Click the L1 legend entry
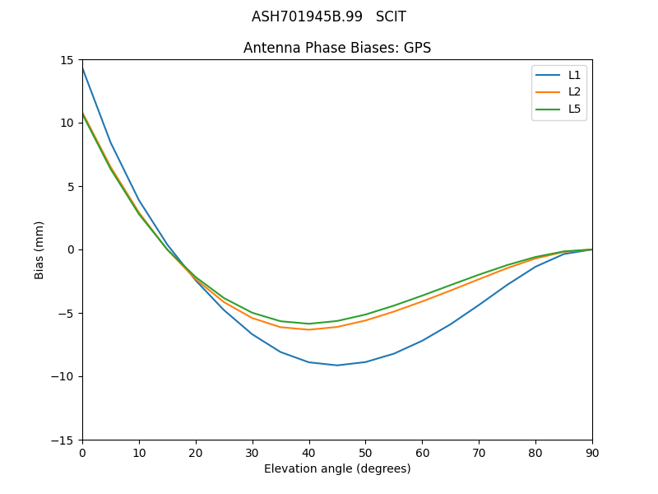click(x=574, y=75)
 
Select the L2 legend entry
click(x=574, y=91)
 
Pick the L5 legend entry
click(x=574, y=109)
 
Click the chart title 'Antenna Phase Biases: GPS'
click(x=337, y=48)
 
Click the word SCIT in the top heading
click(x=391, y=16)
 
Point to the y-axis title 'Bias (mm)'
click(x=39, y=249)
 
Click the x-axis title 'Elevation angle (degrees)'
click(x=337, y=468)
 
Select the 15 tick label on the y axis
click(x=67, y=60)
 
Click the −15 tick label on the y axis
click(x=63, y=440)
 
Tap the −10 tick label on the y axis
click(x=63, y=376)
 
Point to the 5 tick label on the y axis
click(x=70, y=186)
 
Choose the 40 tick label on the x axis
click(x=309, y=452)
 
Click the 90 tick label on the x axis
click(x=592, y=452)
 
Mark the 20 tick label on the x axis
click(x=196, y=452)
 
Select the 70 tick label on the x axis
click(x=479, y=452)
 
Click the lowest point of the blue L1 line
click(x=337, y=365)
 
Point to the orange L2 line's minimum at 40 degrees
click(x=309, y=329)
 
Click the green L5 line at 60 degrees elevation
click(x=422, y=296)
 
